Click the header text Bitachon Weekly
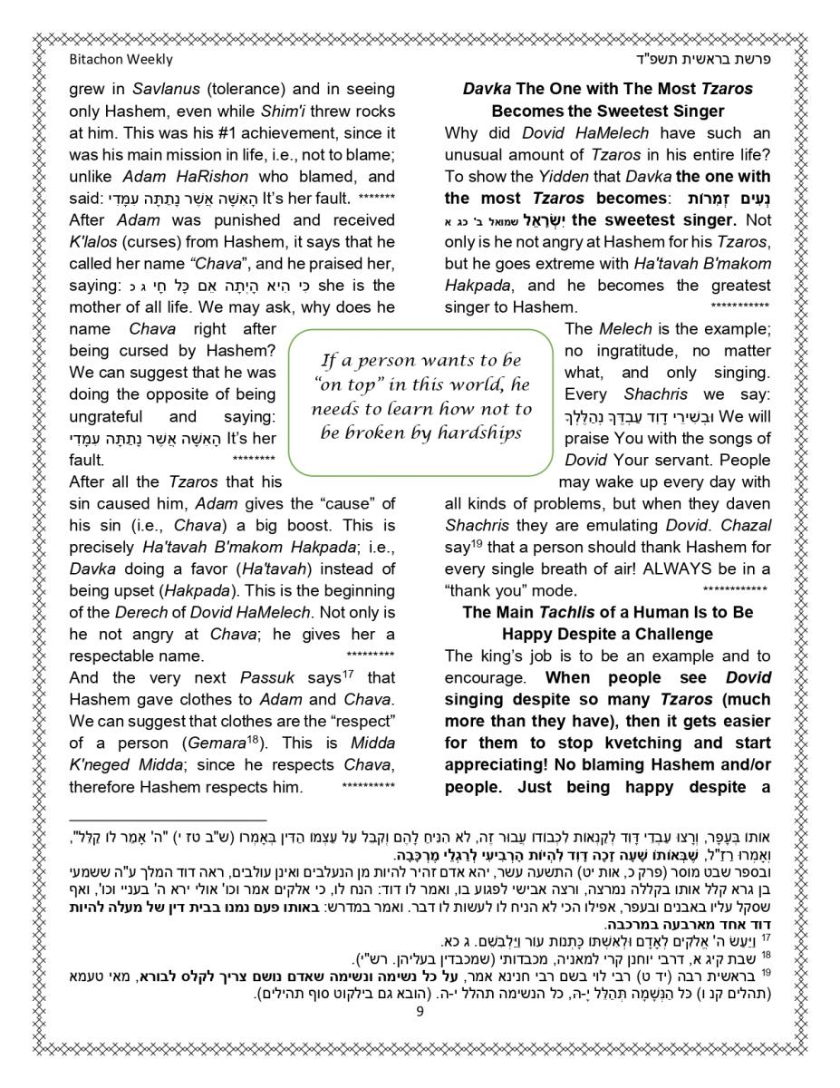[x=121, y=60]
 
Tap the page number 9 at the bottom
[x=420, y=1012]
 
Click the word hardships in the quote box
[x=479, y=432]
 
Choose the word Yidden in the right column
[x=590, y=176]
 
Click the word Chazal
[x=747, y=525]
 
